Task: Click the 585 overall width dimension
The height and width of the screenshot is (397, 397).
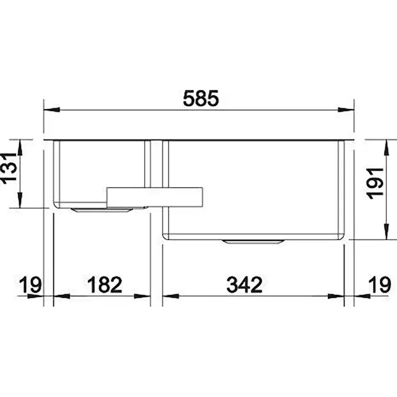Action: point(201,98)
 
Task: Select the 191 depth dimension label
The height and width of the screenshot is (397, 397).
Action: point(375,183)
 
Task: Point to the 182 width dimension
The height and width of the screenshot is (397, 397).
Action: point(105,285)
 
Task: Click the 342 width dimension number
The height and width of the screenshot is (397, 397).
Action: point(245,285)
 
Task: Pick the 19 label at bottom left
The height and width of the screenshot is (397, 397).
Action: point(30,285)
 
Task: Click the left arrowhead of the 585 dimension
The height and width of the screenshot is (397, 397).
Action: point(52,110)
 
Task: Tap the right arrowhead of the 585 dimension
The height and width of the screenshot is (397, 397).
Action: point(346,110)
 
